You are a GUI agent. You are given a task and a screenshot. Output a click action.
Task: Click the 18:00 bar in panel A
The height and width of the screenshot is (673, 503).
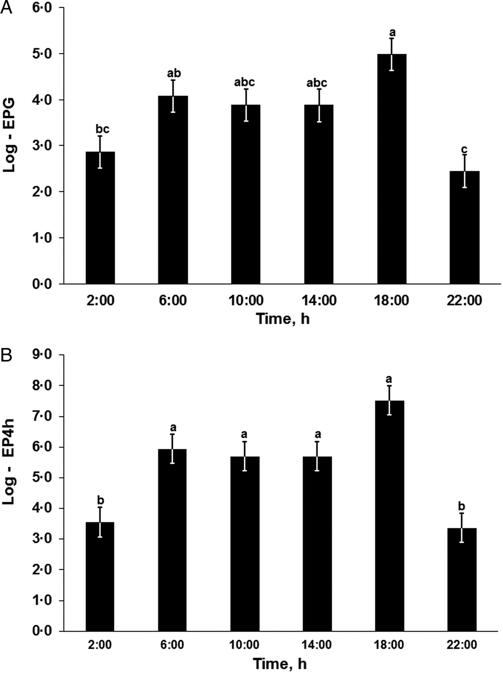[x=392, y=169]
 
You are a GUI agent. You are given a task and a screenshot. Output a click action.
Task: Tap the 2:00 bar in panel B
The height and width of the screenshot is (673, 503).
[x=100, y=576]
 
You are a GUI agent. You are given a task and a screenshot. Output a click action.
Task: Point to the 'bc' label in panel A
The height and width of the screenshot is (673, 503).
[x=102, y=129]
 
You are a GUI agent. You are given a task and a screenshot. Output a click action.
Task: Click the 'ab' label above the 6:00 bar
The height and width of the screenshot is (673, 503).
[x=174, y=73]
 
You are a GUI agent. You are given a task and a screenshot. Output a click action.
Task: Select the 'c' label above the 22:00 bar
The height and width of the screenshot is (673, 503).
[x=464, y=149]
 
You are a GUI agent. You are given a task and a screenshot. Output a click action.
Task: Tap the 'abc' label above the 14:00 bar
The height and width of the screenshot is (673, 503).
[x=317, y=83]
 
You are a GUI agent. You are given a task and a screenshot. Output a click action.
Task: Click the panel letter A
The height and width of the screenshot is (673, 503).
[x=6, y=8]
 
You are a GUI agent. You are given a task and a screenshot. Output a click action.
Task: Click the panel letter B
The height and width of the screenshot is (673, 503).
[x=6, y=356]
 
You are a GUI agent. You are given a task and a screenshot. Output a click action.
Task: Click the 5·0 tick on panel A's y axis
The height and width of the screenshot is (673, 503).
[x=42, y=54]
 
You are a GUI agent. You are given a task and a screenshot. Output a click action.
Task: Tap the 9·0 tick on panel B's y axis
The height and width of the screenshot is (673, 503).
[x=42, y=355]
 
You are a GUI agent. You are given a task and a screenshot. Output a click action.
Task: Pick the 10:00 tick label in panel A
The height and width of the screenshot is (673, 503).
[x=246, y=300]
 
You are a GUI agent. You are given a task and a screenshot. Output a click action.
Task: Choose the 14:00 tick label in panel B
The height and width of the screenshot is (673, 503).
[x=317, y=645]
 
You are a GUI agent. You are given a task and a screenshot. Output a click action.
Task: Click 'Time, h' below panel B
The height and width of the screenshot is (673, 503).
[x=280, y=664]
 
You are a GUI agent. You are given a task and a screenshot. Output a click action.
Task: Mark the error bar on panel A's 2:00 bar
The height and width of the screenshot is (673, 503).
[x=100, y=152]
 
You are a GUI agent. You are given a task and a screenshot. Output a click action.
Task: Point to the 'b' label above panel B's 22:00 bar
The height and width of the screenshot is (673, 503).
[x=462, y=506]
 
